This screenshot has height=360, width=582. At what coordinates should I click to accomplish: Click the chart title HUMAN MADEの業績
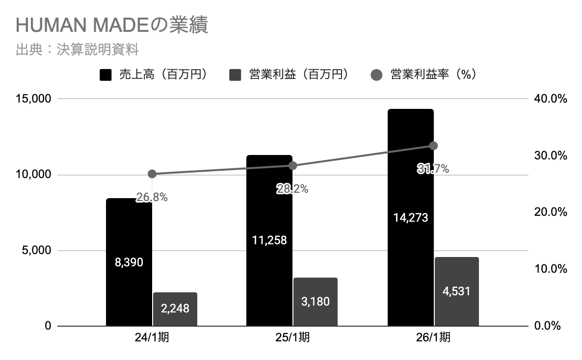coord(112,26)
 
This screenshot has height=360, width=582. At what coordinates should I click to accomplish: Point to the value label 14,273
coord(411,217)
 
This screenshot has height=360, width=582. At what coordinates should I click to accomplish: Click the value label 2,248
coord(175,308)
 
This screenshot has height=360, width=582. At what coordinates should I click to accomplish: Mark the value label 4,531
coord(456,291)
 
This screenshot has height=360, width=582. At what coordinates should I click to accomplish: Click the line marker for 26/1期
coord(433,146)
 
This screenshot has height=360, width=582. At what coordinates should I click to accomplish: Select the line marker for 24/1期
coord(152,174)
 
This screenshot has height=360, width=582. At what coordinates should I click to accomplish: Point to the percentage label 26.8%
coord(152,197)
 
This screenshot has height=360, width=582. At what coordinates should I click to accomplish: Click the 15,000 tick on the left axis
coord(33,99)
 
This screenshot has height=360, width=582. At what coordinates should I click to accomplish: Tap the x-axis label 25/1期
coord(292,338)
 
